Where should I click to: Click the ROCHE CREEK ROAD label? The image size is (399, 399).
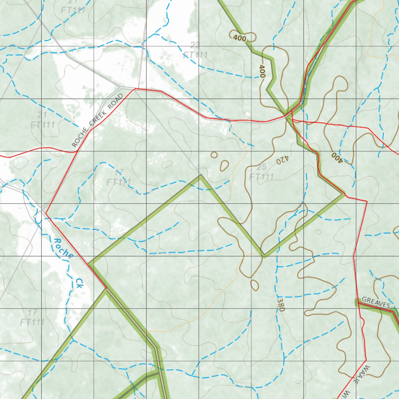97,120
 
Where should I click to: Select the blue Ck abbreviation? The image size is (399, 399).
79,283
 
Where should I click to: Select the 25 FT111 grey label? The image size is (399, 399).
261,172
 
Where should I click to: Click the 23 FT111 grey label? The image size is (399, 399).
195,50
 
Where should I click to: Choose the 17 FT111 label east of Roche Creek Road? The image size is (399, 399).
119,177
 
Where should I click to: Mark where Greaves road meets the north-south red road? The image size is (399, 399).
357,301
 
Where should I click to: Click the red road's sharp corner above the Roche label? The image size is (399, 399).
46,213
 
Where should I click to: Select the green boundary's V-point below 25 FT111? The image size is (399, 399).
264,256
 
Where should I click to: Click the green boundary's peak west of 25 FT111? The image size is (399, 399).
200,176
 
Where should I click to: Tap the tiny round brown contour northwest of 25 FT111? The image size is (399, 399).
214,155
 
